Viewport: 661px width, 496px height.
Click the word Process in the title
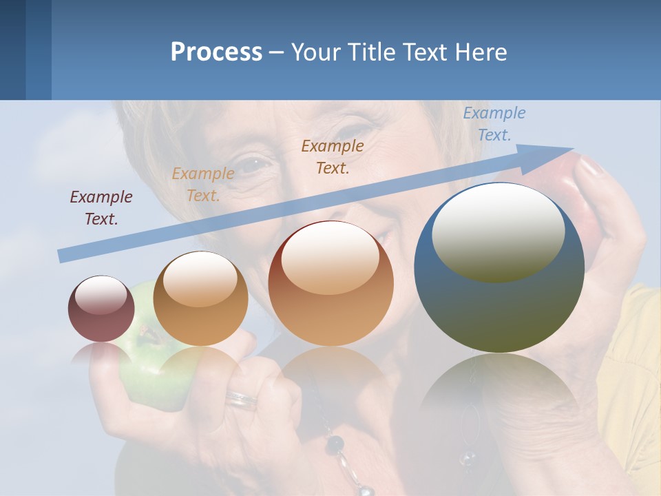click(x=216, y=52)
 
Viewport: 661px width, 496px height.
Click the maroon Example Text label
click(x=101, y=207)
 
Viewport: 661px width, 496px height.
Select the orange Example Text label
click(x=202, y=184)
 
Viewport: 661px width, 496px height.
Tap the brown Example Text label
click(x=333, y=156)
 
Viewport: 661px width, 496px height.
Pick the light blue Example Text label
click(x=494, y=123)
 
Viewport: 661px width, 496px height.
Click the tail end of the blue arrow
click(x=63, y=256)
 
